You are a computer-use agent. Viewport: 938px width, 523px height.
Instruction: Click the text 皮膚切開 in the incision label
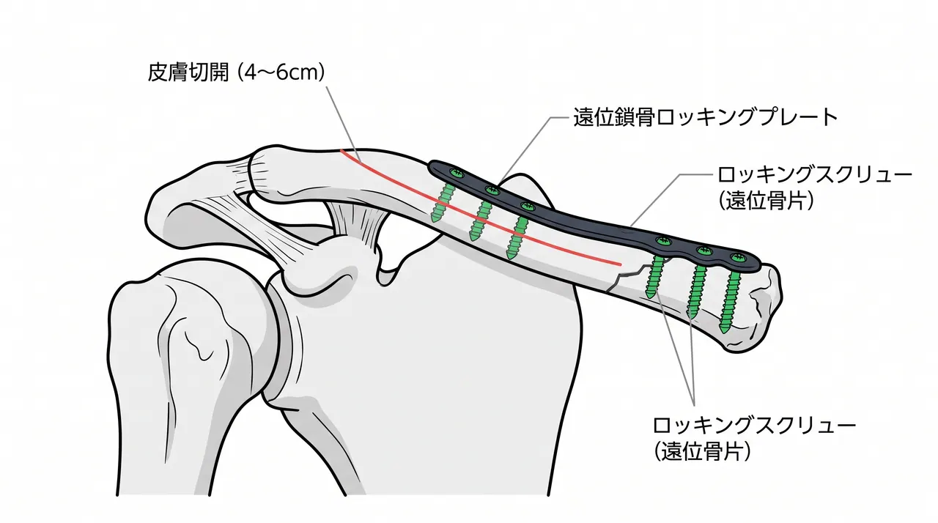(x=188, y=73)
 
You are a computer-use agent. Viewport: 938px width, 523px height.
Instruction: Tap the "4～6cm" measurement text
(x=282, y=73)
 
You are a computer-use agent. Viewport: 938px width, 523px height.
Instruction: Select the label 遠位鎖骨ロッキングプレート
(x=706, y=117)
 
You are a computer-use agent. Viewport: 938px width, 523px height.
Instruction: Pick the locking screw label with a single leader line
(x=814, y=188)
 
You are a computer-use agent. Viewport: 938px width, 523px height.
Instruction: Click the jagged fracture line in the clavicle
(x=628, y=276)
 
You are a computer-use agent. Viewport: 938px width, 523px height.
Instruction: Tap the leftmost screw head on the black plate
(x=455, y=173)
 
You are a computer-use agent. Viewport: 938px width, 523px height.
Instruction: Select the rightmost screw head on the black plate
(x=738, y=259)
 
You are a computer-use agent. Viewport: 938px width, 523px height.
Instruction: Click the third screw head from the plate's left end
(x=528, y=207)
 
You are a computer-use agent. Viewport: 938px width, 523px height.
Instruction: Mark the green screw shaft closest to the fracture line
(x=655, y=276)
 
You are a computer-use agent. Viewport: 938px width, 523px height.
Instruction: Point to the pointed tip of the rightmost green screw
(x=724, y=330)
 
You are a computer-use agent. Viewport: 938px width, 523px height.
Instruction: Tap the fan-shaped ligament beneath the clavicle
(x=356, y=221)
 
